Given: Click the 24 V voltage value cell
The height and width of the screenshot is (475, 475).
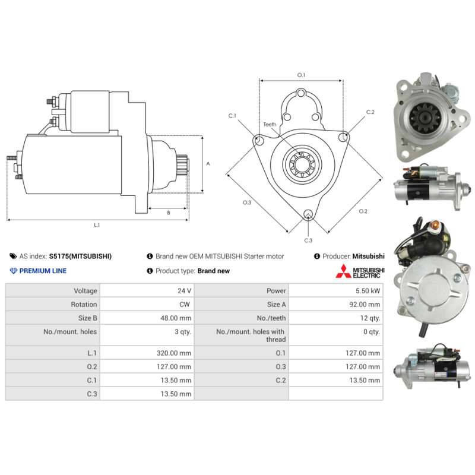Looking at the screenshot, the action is (184, 291).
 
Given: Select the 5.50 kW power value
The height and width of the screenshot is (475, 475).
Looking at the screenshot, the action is (368, 291).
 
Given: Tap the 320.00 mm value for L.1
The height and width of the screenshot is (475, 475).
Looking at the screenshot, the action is (174, 353).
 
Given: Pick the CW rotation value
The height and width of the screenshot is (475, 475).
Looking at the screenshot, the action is (185, 305).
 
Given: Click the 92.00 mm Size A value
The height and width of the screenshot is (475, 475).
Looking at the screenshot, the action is (365, 305).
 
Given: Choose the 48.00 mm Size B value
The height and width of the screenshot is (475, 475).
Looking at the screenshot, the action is (176, 318).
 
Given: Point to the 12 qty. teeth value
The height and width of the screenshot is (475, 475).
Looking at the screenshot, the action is (370, 318).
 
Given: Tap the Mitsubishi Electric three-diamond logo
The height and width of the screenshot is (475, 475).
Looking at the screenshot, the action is (343, 271).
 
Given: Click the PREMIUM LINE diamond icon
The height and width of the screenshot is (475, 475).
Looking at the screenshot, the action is (13, 271).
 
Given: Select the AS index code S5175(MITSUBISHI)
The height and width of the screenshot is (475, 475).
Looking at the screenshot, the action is (80, 256).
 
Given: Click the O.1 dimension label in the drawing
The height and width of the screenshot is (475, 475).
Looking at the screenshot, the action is (301, 75).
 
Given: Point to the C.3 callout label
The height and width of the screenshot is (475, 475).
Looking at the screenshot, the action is (308, 240).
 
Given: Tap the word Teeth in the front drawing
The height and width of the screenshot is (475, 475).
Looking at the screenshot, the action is (270, 125).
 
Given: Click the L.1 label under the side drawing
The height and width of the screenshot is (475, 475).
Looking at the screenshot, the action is (97, 225).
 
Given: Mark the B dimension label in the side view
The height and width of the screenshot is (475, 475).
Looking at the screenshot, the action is (169, 213).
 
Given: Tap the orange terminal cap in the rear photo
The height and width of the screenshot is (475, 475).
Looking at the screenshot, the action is (435, 225).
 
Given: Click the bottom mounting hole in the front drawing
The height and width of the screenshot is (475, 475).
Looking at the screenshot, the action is (308, 214).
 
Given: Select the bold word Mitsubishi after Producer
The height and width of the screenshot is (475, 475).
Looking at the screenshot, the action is (368, 256).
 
